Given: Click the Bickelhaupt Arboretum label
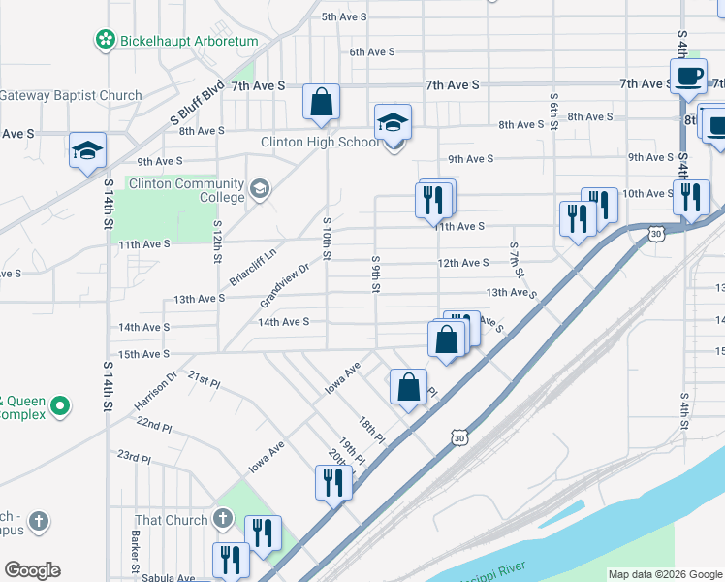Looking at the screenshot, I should pos(188,41).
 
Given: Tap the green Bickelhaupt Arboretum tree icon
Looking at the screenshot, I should pos(104,41).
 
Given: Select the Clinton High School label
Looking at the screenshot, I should pos(320,142).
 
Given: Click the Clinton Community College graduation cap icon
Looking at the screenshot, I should pos(259,188).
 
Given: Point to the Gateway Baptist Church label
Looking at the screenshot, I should pos(71,96).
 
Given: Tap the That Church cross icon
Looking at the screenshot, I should pos(222,520).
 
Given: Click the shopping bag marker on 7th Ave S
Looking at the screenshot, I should pos(321,102).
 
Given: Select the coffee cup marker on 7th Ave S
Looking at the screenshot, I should pos(688,77).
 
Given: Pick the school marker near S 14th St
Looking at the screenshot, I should pos(87,151).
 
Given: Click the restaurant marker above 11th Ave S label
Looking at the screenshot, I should pos(435,199).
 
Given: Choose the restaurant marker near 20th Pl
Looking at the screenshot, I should pos(333,482).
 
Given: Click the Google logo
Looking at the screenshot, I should pos(32,570).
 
